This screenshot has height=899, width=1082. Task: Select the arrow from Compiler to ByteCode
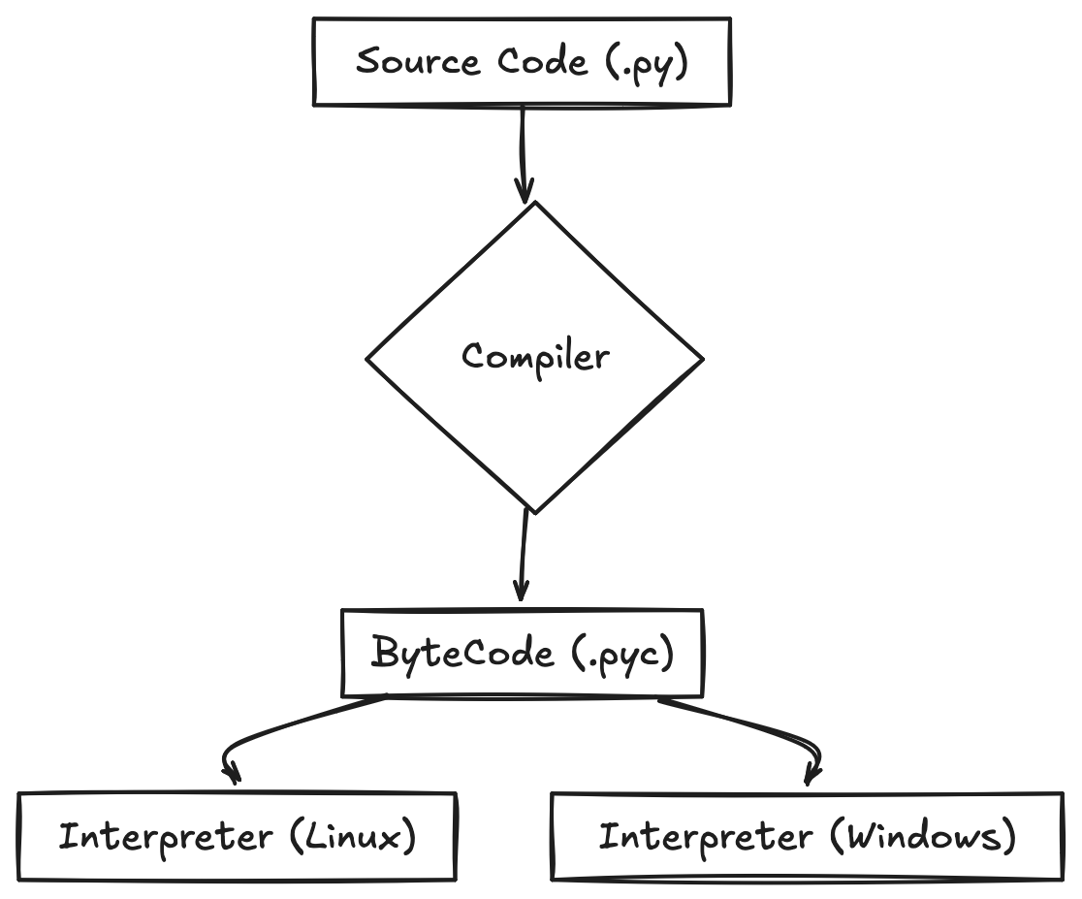point(524,553)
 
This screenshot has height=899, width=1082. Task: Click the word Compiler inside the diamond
point(535,357)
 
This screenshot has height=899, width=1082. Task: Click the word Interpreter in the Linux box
point(165,837)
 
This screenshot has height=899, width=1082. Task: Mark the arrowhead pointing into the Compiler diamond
point(525,192)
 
